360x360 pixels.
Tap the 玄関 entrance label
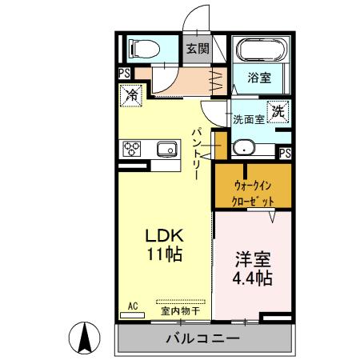[198, 49]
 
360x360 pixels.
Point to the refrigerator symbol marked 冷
[131, 95]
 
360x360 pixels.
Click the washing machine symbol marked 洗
[277, 113]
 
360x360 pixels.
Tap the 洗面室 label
[248, 120]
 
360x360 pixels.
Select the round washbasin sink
[243, 147]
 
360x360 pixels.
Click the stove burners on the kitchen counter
[131, 148]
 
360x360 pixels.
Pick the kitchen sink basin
[167, 148]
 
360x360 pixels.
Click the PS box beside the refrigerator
[123, 74]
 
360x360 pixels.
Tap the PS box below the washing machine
[285, 151]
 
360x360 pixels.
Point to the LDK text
[165, 237]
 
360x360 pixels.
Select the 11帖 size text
[165, 256]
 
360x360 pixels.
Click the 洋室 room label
[251, 260]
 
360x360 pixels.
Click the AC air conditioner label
[133, 306]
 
